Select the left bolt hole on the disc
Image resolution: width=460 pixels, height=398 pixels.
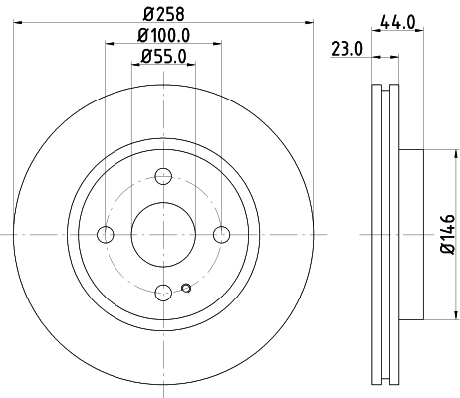click(x=105, y=234)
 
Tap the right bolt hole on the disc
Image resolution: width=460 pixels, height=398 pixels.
click(x=222, y=234)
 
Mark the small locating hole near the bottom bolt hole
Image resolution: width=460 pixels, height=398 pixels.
click(x=186, y=290)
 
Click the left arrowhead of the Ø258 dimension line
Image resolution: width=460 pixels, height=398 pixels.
click(x=19, y=26)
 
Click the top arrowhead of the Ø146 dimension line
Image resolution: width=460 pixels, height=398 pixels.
click(x=434, y=154)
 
